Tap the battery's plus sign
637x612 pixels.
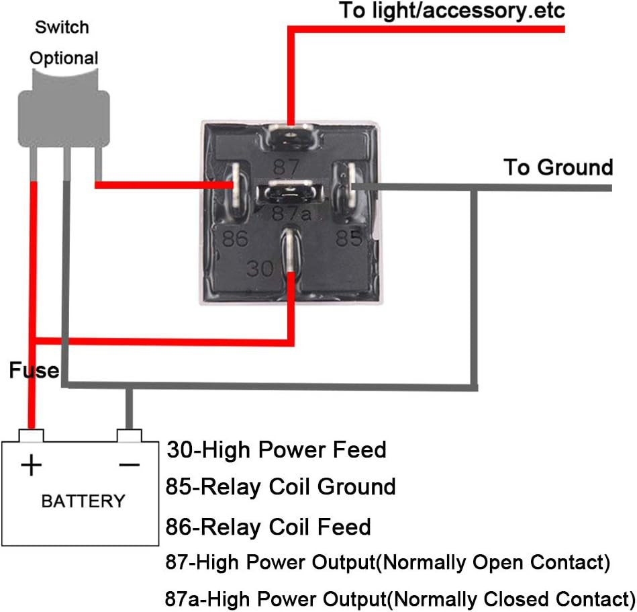click(32, 465)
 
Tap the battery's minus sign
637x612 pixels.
click(130, 465)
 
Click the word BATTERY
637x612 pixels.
click(83, 501)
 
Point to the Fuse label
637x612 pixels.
click(34, 370)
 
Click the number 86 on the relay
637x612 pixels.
click(234, 238)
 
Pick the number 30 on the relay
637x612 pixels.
click(260, 269)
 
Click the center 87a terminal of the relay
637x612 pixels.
click(289, 192)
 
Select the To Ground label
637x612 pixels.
click(558, 167)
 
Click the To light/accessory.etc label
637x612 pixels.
click(452, 11)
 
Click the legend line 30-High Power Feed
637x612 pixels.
click(276, 449)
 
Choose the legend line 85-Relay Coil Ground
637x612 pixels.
click(281, 486)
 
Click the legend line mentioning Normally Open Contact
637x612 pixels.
click(387, 562)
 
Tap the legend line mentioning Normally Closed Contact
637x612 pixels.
click(399, 598)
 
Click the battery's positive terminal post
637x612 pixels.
click(30, 435)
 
